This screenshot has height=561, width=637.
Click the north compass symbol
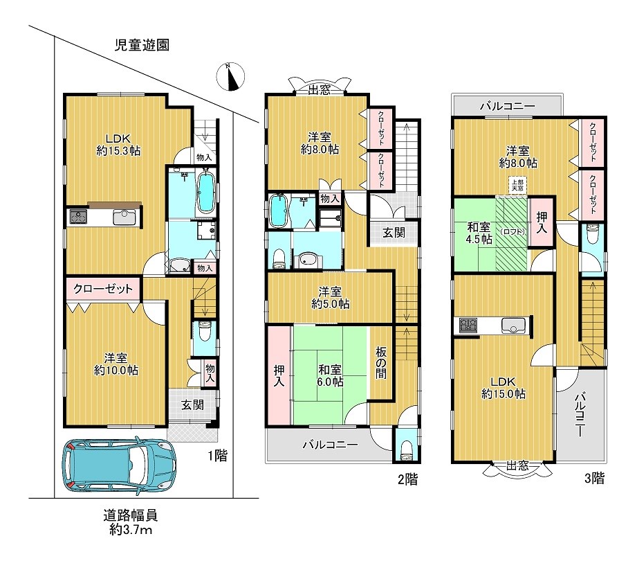coord(230,76)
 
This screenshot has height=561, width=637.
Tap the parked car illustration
coord(119,465)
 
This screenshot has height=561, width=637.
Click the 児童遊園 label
coord(142,45)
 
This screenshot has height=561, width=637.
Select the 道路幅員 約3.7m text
coord(130,523)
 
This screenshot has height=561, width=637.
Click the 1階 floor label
coord(218,455)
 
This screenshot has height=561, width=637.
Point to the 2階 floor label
coord(407,479)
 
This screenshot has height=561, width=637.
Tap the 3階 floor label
coord(594,478)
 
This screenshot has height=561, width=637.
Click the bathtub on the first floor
coord(206,192)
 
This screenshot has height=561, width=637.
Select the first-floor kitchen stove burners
coord(79,216)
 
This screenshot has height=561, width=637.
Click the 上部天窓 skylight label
coord(517,186)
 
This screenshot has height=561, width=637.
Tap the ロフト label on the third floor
coord(513,232)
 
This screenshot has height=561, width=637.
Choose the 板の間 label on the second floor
coord(380,363)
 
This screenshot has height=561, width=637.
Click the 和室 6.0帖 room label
coord(330,375)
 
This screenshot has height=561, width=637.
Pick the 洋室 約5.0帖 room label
coord(330,298)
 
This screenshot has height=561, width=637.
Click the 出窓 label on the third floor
coord(517,465)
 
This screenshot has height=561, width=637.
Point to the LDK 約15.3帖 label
coord(119,145)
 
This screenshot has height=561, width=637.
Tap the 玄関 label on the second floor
coord(394,233)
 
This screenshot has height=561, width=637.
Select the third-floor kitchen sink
coord(513,325)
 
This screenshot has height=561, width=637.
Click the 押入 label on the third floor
coord(542,222)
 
